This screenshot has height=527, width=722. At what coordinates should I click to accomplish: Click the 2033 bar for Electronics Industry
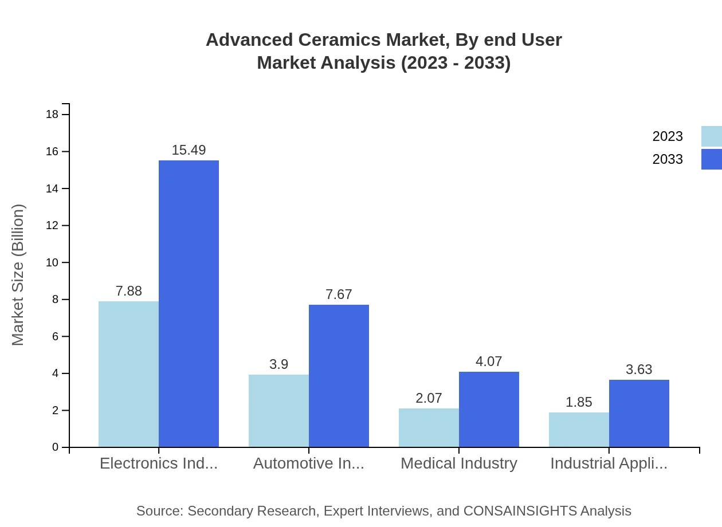(x=189, y=304)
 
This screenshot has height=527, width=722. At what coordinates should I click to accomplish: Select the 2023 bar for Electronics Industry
(x=128, y=374)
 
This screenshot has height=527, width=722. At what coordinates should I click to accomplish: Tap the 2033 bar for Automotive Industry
(x=339, y=376)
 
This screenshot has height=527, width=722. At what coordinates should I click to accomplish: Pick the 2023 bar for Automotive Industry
(x=278, y=411)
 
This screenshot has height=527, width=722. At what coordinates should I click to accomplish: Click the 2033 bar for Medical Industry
(x=489, y=409)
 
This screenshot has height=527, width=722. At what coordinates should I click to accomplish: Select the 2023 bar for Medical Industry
(x=429, y=427)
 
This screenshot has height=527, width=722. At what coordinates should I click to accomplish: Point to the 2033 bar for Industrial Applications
(x=639, y=413)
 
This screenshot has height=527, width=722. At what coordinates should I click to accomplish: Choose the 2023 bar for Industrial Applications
(x=579, y=430)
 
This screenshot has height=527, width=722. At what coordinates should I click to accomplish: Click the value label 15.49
(x=189, y=150)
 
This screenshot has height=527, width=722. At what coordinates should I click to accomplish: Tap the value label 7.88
(x=128, y=291)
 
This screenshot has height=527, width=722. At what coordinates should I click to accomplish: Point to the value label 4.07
(x=489, y=361)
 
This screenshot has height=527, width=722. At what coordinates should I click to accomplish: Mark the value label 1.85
(x=579, y=402)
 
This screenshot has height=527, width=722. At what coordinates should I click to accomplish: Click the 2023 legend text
(x=668, y=136)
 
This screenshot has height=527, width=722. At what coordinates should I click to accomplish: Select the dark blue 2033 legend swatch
(x=711, y=159)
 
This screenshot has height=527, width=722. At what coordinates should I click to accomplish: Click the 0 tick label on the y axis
(x=56, y=447)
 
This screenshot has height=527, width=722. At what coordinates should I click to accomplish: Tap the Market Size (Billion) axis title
(x=18, y=275)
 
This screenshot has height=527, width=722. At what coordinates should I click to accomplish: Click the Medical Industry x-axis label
(x=458, y=463)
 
